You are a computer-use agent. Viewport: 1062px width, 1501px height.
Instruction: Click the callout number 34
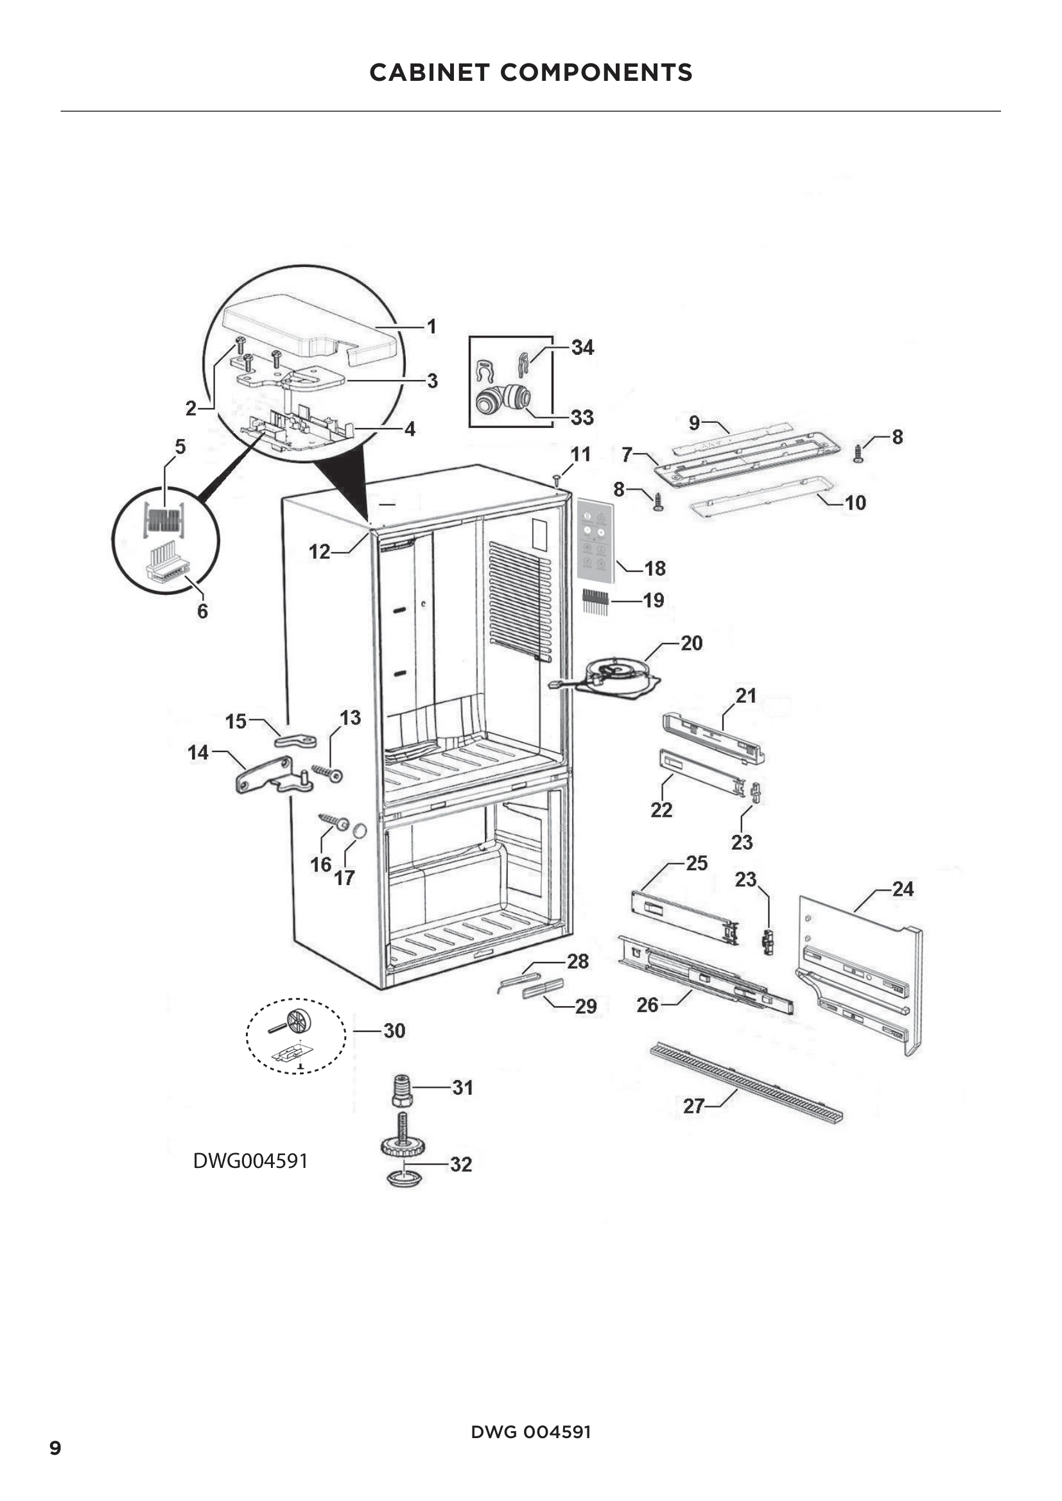pos(582,347)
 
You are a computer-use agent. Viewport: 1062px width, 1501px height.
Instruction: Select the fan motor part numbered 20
pos(617,674)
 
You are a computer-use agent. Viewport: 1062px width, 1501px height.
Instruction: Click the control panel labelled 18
pos(596,540)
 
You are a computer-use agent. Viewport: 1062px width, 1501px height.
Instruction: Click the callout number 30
pos(394,1031)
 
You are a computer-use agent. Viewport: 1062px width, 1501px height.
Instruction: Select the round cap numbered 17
pos(359,832)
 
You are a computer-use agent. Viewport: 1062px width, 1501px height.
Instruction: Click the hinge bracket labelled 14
pos(268,776)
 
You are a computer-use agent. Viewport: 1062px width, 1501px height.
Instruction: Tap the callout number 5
pos(180,447)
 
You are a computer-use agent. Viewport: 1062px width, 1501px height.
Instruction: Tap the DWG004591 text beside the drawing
pos(250,1160)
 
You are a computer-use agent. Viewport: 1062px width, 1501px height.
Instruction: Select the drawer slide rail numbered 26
pos(706,974)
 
